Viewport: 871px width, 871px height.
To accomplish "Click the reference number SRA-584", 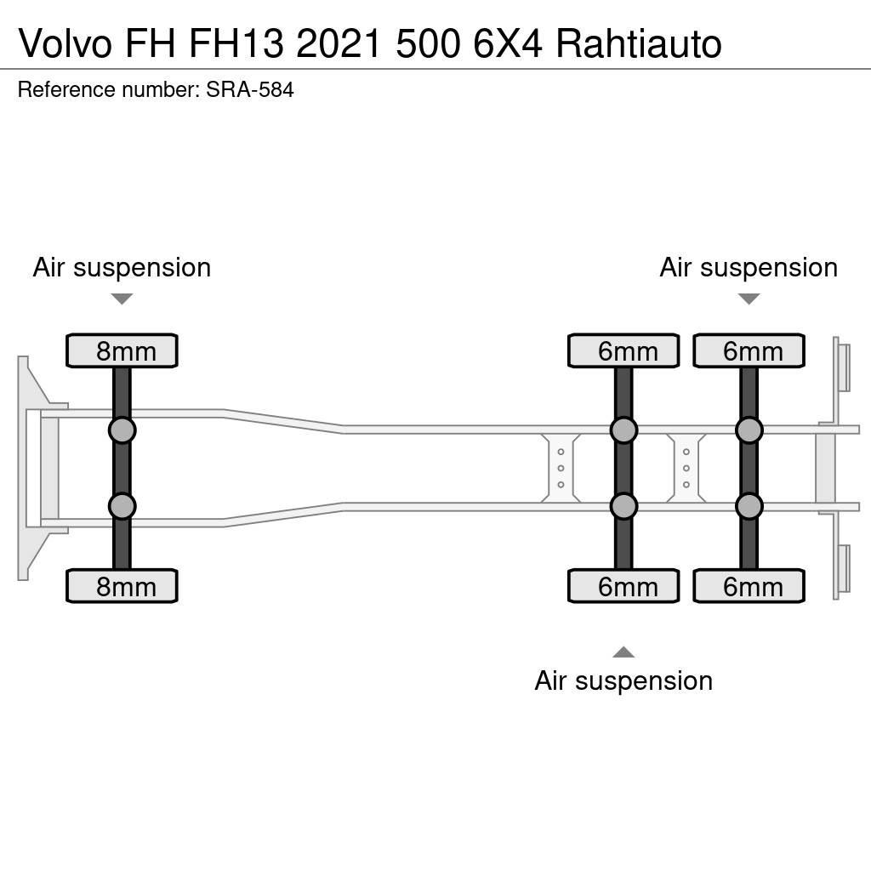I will point(250,89).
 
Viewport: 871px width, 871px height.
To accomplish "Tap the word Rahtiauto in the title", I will point(638,43).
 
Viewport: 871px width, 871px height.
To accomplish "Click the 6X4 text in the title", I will point(508,43).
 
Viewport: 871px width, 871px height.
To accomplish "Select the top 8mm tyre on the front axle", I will point(122,351).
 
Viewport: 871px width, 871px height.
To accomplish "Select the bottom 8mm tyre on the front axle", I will point(122,587).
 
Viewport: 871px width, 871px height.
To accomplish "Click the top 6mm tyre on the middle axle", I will point(623,351).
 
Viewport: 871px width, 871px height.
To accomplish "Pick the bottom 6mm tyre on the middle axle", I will point(623,587).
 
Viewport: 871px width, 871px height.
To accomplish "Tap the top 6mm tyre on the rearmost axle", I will point(749,351).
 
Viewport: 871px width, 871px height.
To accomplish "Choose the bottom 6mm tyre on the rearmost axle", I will point(749,587).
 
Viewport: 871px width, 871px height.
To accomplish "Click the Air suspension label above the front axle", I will point(122,267).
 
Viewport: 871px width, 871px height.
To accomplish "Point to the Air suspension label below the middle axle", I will point(623,680).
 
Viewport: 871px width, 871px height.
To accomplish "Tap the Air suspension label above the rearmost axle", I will point(749,267).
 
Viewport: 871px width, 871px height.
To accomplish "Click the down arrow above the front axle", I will point(122,299).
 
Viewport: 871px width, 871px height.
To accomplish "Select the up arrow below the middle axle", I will point(623,652).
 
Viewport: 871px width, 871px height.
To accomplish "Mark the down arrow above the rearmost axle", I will point(749,299).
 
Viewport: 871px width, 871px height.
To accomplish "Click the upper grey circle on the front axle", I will point(122,430).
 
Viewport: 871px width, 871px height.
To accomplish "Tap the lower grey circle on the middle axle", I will point(623,507).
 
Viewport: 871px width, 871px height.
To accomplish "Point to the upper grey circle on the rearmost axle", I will point(749,430).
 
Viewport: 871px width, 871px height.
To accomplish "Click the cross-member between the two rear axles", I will point(686,468).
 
